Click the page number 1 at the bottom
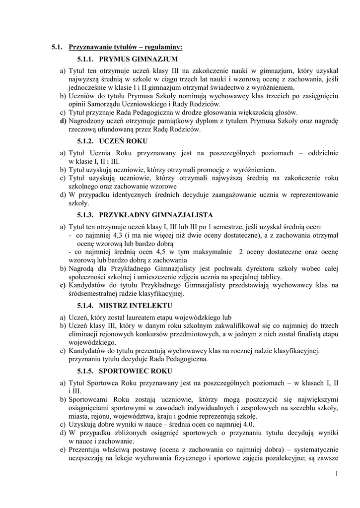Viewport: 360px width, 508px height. point(336,475)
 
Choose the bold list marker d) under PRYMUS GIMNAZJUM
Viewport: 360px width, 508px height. point(63,121)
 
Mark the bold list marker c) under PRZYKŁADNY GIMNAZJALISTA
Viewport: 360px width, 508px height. point(63,285)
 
